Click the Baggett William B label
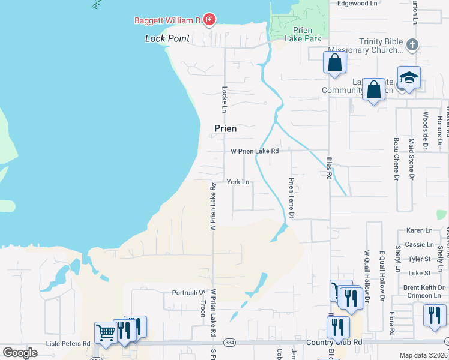[166, 21]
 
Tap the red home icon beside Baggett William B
[209, 21]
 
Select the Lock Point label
[167, 38]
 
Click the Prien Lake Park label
[307, 35]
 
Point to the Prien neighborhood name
[226, 128]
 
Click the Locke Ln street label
[224, 100]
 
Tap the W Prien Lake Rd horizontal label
[255, 151]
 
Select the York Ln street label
[238, 182]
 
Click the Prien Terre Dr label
[292, 197]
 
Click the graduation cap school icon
[409, 77]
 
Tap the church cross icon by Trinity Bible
[412, 44]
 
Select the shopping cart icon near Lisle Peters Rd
[106, 332]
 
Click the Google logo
[20, 352]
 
